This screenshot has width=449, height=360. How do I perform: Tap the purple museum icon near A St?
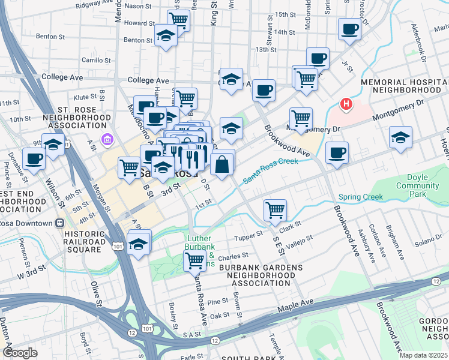pyautogui.click(x=107, y=140)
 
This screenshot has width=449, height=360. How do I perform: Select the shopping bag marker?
pyautogui.click(x=221, y=163)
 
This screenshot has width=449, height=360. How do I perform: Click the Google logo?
pyautogui.click(x=20, y=352)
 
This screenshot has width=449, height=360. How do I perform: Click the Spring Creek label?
pyautogui.click(x=360, y=197)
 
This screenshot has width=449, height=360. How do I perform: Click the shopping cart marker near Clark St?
pyautogui.click(x=275, y=209)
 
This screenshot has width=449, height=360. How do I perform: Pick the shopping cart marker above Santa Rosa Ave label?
pyautogui.click(x=194, y=260)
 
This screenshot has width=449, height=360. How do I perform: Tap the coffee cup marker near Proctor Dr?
pyautogui.click(x=349, y=28)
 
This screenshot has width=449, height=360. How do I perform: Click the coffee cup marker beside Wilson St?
pyautogui.click(x=34, y=159)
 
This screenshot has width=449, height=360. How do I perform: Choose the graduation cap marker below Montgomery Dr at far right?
pyautogui.click(x=400, y=136)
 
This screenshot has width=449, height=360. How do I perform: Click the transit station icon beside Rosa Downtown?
pyautogui.click(x=59, y=223)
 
